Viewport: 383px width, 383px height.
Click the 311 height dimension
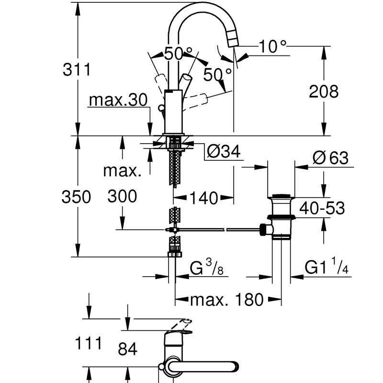coord(77,69)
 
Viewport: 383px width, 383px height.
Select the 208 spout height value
coord(324,91)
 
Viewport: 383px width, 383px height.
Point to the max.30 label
coord(118,100)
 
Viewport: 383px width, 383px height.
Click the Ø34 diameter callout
coord(224,151)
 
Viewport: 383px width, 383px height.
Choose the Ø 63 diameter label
coord(330,158)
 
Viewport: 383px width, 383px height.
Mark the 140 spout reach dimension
coord(203,198)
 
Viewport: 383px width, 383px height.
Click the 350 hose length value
coord(76,197)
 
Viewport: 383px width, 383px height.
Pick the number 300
coord(122,196)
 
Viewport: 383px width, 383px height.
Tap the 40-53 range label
coord(322,208)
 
